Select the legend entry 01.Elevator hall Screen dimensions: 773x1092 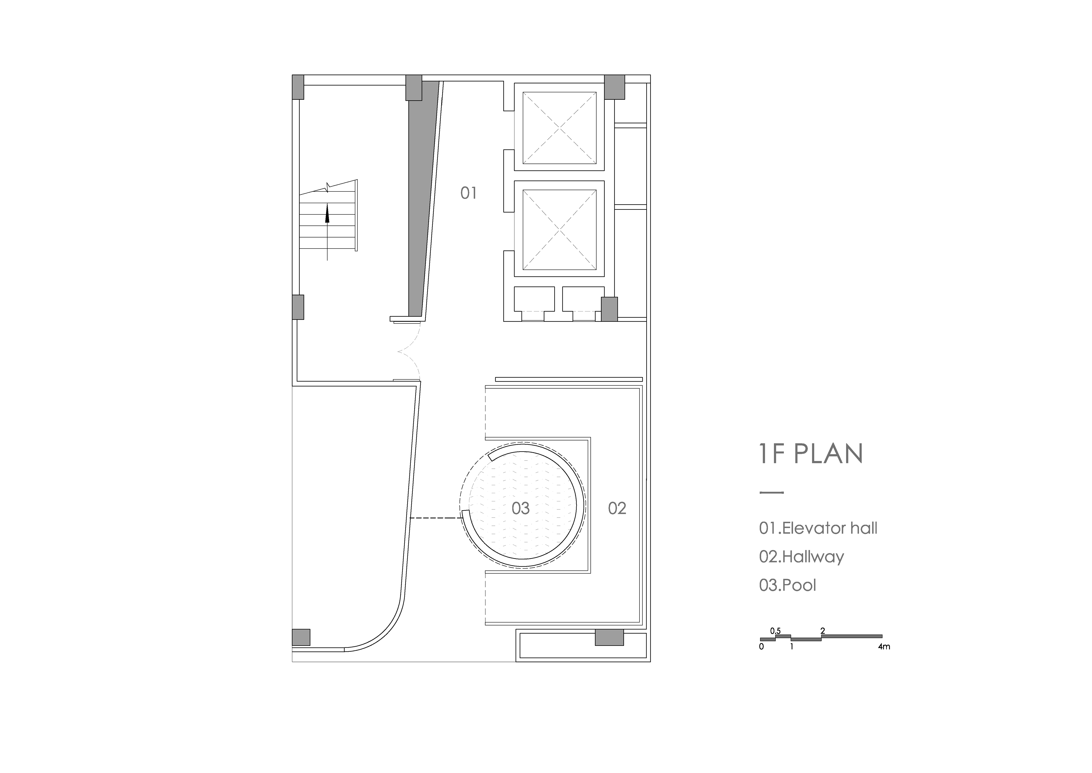818,528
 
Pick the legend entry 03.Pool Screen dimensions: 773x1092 788,585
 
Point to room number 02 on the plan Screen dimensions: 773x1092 617,508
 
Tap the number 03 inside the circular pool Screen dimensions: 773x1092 520,508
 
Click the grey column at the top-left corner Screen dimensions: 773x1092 298,87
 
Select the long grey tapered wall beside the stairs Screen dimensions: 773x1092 421,200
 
